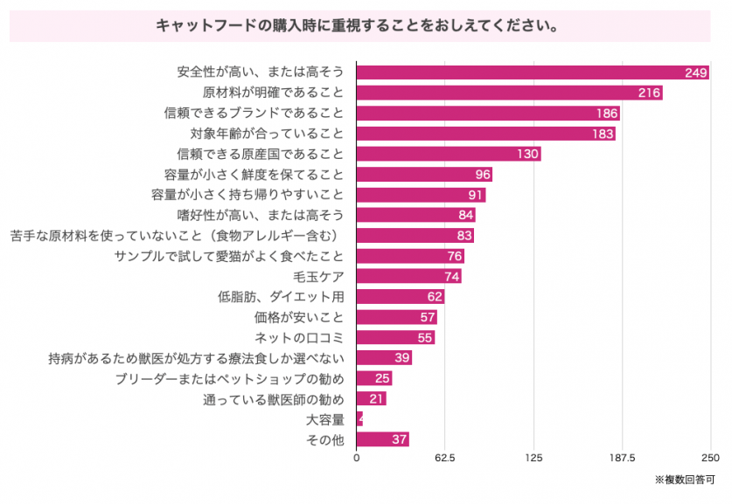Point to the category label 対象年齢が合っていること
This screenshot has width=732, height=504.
267,134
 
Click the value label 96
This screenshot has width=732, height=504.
481,175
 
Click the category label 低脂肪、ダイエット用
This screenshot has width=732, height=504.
281,297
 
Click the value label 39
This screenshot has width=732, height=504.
401,358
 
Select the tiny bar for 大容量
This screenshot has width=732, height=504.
359,419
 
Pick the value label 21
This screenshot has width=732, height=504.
377,399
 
